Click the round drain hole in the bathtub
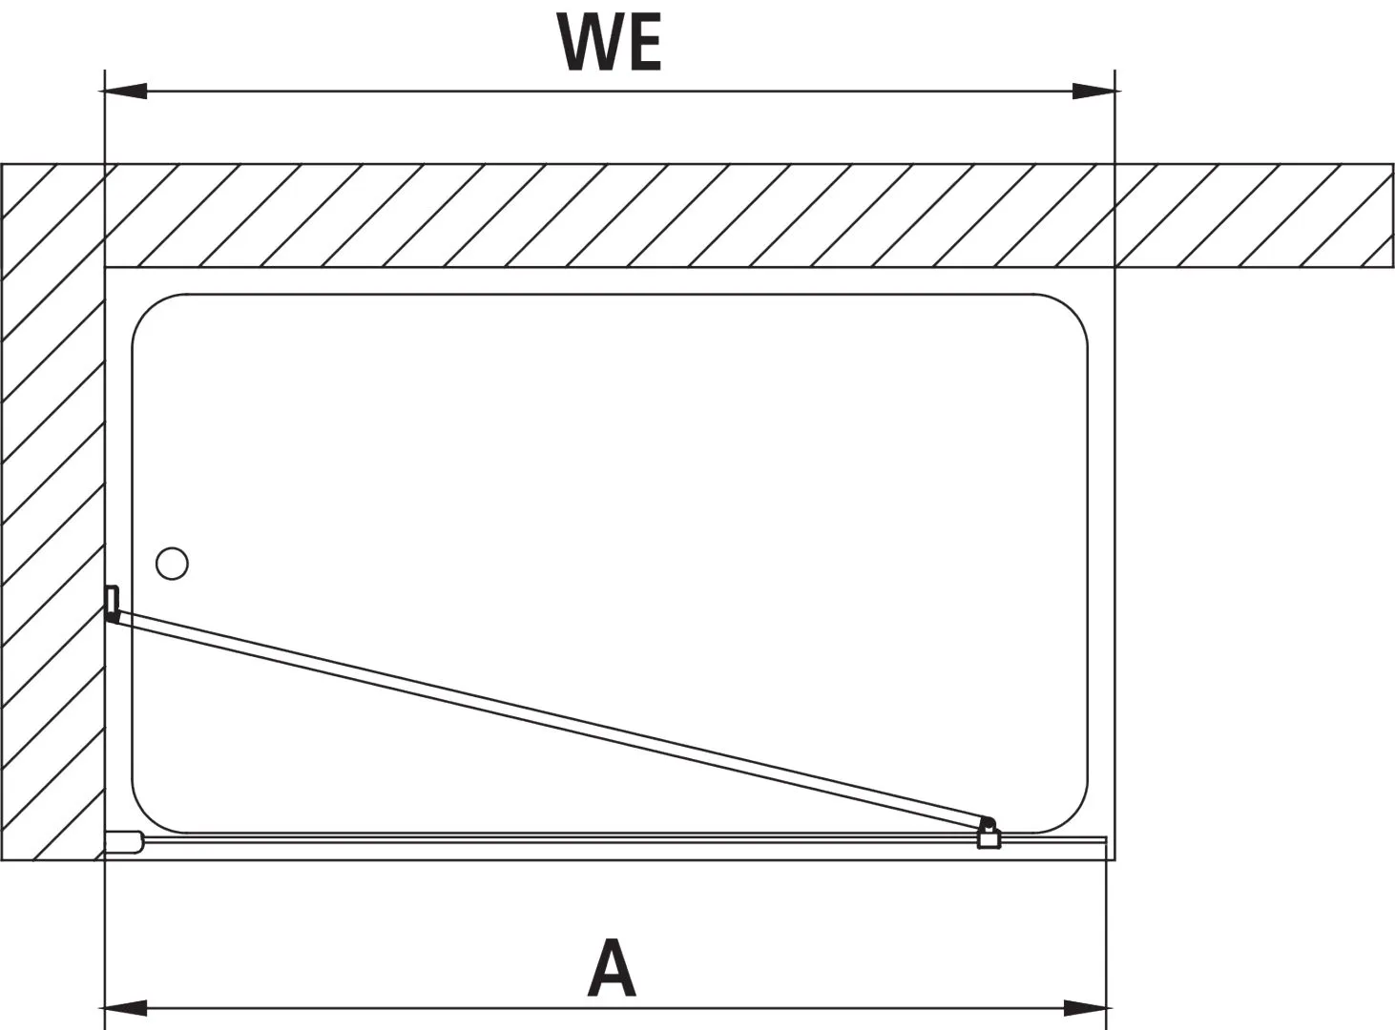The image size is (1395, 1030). point(172,564)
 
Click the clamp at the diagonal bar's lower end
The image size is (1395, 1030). point(989,835)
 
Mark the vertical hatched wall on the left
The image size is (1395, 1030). point(52,515)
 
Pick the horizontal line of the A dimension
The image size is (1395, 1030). point(382,1007)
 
